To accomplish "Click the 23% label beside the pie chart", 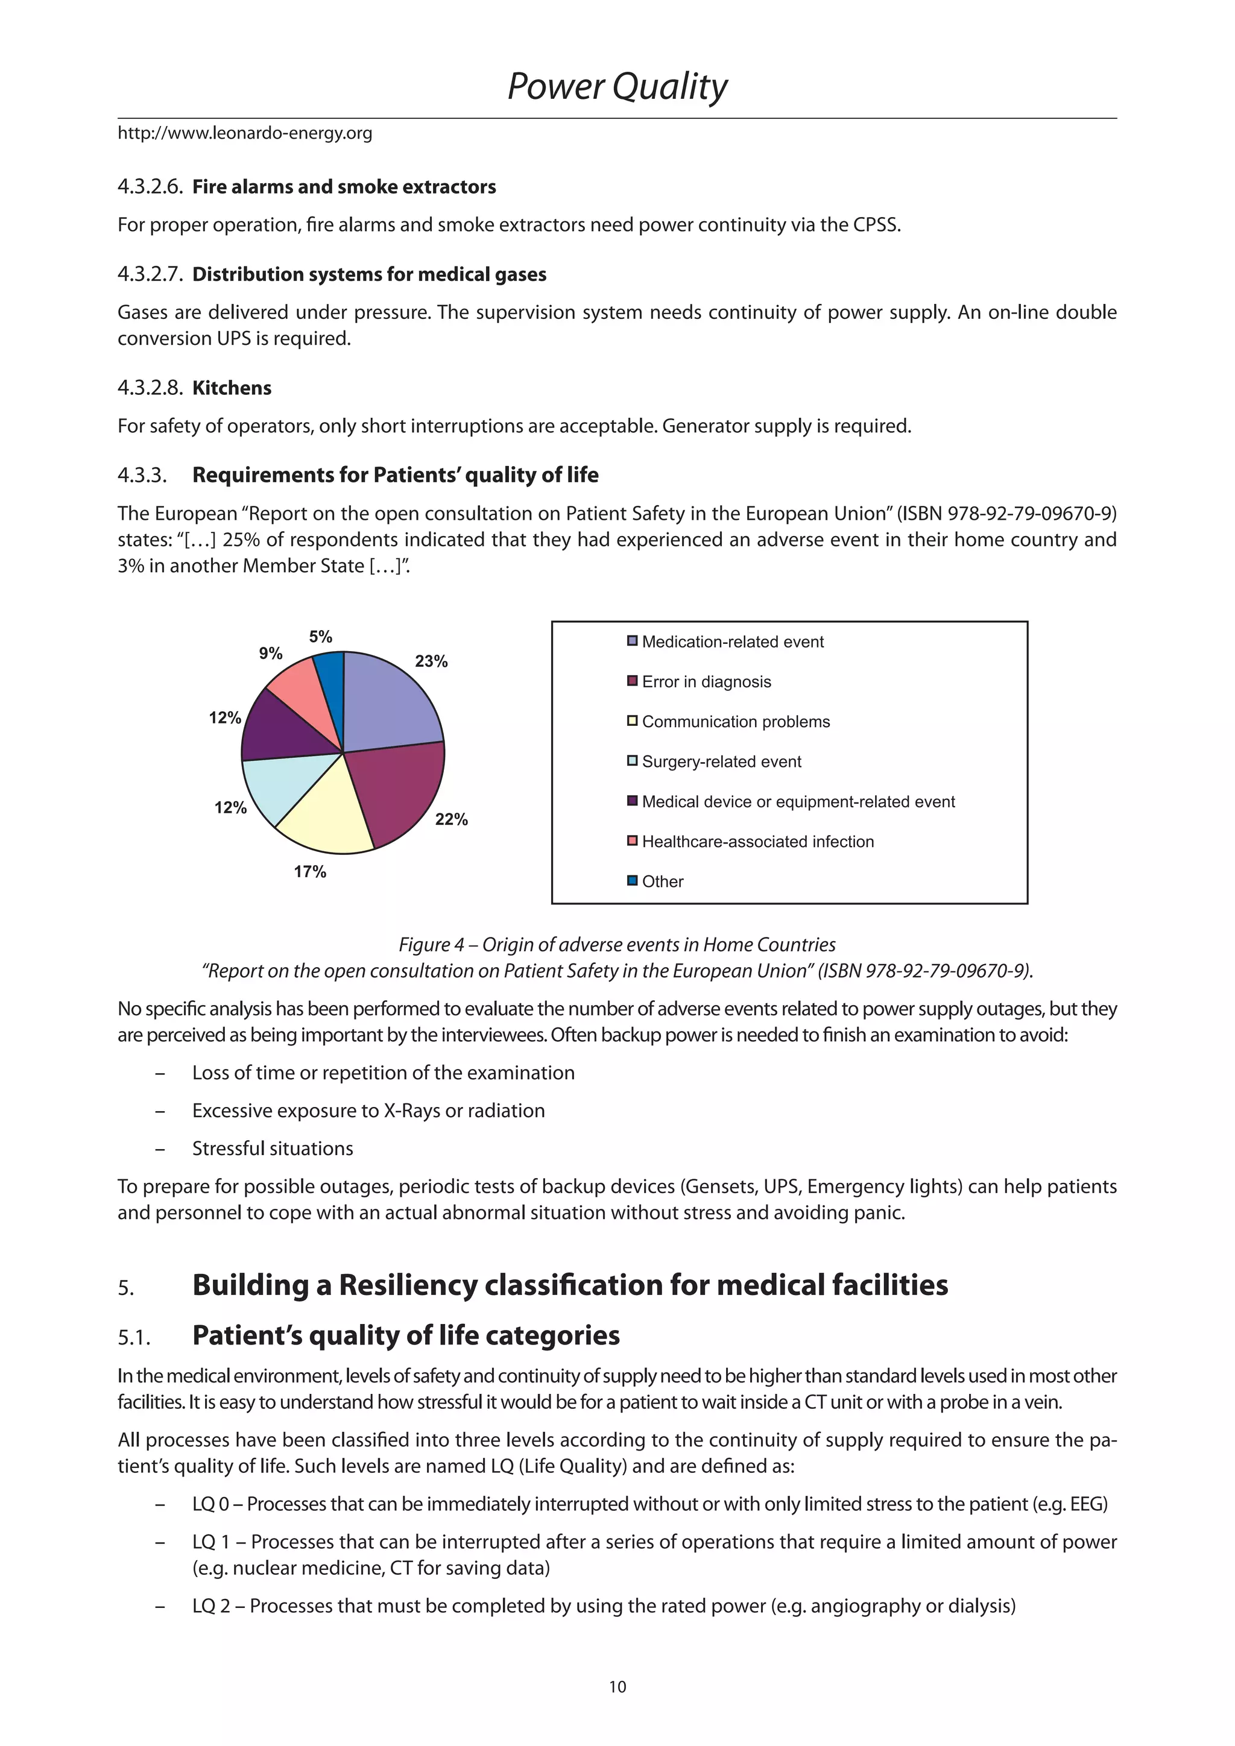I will pos(431,661).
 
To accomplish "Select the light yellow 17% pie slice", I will pos(327,818).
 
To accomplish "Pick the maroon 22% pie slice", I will pos(399,791).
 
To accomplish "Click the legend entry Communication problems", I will pos(735,722).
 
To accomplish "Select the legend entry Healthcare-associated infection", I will pos(757,842).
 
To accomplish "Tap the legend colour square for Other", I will pos(632,881).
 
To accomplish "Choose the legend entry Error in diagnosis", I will pos(706,682).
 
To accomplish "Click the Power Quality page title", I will pos(617,87).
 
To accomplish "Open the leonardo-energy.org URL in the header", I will pos(245,134).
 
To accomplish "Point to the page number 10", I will pos(617,1687).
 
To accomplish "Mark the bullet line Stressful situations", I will pos(272,1149).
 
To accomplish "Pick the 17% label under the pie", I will pos(311,871).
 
